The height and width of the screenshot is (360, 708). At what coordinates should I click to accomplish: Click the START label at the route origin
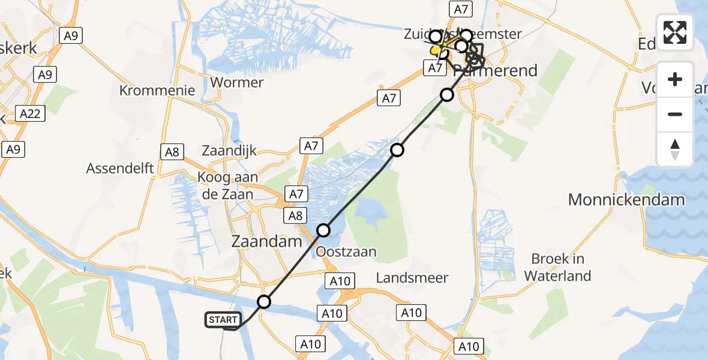[x=223, y=320]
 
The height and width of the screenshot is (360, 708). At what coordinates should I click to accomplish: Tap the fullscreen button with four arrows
[x=675, y=32]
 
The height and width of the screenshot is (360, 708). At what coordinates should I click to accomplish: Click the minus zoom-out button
[x=675, y=114]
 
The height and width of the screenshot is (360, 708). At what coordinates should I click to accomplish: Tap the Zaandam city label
[x=266, y=242]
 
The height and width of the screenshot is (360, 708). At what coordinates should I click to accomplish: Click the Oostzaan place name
[x=346, y=251]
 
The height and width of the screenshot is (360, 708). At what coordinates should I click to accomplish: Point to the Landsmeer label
[x=412, y=277]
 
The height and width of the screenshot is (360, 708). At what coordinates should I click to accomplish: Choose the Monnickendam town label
[x=626, y=200]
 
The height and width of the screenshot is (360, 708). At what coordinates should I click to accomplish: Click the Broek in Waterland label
[x=557, y=268]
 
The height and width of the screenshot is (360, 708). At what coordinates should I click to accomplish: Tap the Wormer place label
[x=238, y=82]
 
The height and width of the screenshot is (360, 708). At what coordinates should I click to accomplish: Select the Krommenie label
[x=157, y=91]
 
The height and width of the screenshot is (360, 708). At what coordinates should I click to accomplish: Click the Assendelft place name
[x=120, y=169]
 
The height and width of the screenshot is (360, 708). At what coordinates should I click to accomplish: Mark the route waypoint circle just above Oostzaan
[x=323, y=230]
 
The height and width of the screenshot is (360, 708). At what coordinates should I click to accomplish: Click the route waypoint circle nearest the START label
[x=264, y=302]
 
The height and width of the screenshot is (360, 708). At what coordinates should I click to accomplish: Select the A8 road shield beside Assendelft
[x=172, y=152]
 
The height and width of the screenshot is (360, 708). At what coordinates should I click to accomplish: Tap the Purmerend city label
[x=495, y=71]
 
